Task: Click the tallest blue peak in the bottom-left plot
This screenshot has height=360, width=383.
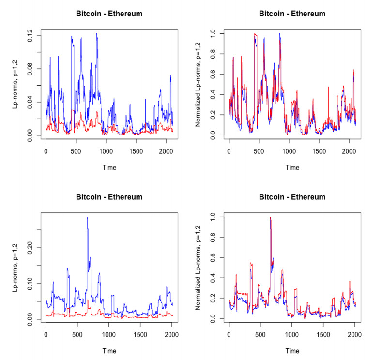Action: pyautogui.click(x=87, y=217)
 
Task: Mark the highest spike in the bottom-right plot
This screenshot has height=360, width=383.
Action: pyautogui.click(x=270, y=217)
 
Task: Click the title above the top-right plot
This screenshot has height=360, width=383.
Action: pyautogui.click(x=292, y=14)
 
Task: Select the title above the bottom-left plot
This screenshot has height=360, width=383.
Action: pyautogui.click(x=109, y=197)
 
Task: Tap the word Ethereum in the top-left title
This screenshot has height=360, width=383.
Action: pyautogui.click(x=125, y=14)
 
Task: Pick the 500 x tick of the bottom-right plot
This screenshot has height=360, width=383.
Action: pyautogui.click(x=260, y=333)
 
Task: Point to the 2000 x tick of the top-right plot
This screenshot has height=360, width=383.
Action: pyautogui.click(x=349, y=150)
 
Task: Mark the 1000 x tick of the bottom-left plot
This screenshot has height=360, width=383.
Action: pyautogui.click(x=109, y=333)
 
